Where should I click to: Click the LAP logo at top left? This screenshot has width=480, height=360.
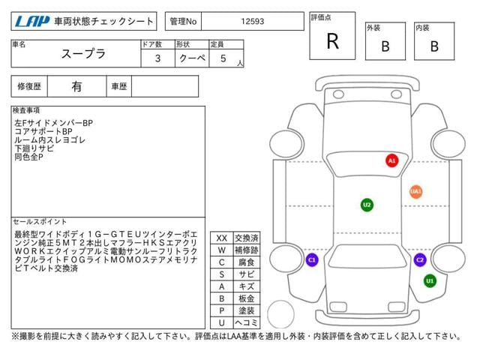(33, 22)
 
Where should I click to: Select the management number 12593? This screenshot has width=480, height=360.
(253, 22)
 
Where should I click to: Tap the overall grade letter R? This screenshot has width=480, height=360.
(332, 42)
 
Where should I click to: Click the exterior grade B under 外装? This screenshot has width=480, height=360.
(385, 46)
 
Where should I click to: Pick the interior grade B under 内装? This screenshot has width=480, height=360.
(434, 46)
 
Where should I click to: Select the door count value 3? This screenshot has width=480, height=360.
(157, 58)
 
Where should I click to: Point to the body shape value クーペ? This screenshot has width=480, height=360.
(190, 58)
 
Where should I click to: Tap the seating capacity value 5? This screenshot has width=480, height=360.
(223, 58)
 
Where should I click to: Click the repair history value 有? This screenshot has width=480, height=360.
(76, 87)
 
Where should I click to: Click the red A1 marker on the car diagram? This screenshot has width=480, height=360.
(391, 160)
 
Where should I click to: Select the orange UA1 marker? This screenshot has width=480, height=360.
(415, 191)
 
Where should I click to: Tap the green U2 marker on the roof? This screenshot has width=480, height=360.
(366, 204)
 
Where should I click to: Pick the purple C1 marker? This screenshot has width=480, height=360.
(312, 260)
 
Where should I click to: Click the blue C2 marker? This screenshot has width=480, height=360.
(420, 260)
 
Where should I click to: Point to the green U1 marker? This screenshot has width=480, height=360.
(430, 280)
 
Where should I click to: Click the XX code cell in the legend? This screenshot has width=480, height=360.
(221, 238)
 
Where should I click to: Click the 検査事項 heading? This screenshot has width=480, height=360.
(27, 110)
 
